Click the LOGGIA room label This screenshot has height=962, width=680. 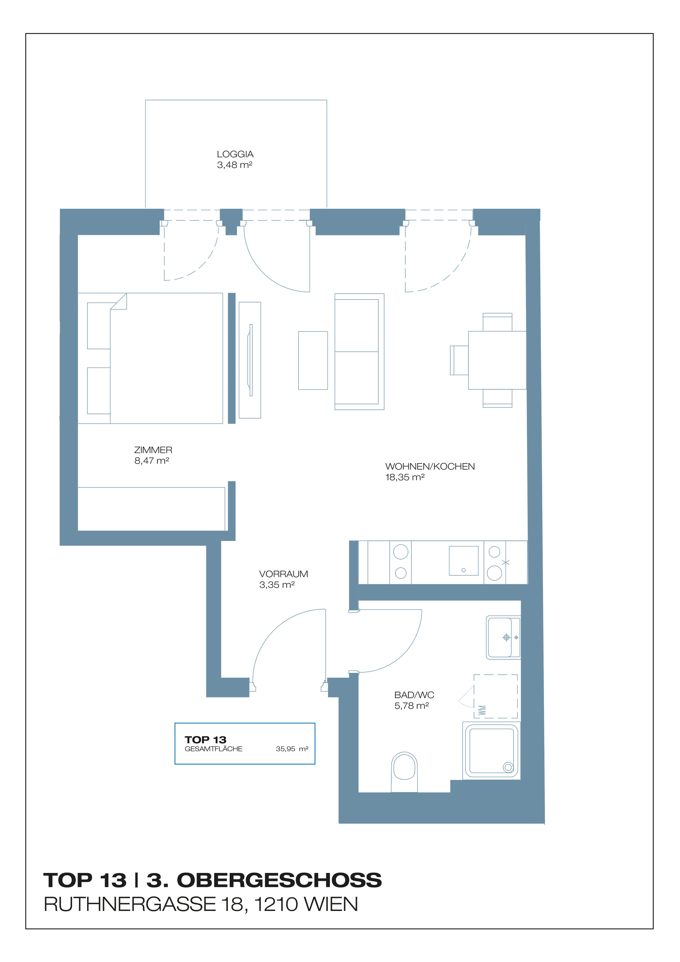pyautogui.click(x=235, y=154)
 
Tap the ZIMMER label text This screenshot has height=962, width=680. pyautogui.click(x=153, y=450)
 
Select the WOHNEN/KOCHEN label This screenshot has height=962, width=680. pyautogui.click(x=430, y=466)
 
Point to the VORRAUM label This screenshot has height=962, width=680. pyautogui.click(x=283, y=574)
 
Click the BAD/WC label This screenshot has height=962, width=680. pyautogui.click(x=414, y=695)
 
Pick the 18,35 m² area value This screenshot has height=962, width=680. pyautogui.click(x=405, y=477)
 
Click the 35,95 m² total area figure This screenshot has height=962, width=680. pyautogui.click(x=292, y=749)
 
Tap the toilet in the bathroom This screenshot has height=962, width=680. pyautogui.click(x=404, y=772)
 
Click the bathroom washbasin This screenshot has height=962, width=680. pyautogui.click(x=503, y=637)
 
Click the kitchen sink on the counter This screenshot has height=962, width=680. pyautogui.click(x=463, y=561)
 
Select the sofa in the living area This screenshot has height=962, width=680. pyautogui.click(x=359, y=352)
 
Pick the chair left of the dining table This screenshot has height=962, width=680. pyautogui.click(x=459, y=360)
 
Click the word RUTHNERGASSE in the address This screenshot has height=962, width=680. pyautogui.click(x=130, y=904)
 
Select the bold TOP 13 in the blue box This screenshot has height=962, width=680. pyautogui.click(x=205, y=740)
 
